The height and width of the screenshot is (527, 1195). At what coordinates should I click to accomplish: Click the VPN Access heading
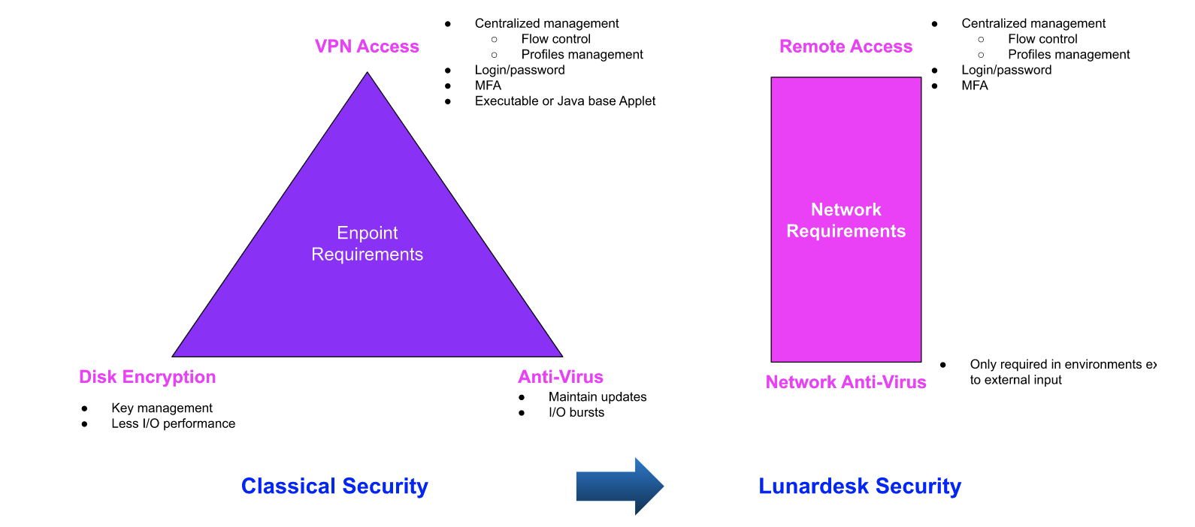point(367,47)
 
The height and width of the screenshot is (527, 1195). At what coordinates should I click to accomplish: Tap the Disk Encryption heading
point(147,377)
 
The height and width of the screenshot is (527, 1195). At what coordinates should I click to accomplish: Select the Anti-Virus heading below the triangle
point(561,377)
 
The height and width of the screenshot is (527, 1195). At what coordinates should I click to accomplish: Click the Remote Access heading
point(846,47)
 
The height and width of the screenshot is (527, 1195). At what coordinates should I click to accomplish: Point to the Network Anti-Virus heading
point(846,382)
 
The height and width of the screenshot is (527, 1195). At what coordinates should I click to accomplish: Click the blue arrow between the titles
point(619,486)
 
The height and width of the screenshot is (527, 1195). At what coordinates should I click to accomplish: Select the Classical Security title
point(334,486)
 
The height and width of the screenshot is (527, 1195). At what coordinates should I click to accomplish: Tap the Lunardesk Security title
point(860,486)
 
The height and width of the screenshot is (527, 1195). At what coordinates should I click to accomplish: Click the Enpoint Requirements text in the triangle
point(367,243)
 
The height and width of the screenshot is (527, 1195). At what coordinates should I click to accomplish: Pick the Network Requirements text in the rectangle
point(846,220)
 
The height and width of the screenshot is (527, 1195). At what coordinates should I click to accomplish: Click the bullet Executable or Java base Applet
point(564,101)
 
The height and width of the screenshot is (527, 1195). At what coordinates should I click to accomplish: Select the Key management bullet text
point(162,408)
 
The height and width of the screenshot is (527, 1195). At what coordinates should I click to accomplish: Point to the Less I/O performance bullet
point(173,423)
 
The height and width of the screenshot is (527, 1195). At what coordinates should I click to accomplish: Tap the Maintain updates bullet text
point(597,396)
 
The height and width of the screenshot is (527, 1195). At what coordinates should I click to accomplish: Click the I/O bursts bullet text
point(576,412)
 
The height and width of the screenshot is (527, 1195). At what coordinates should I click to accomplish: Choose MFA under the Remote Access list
point(974,86)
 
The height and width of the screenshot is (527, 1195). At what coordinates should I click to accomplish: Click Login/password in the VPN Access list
point(519,70)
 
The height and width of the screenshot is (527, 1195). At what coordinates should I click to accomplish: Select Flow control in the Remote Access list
point(1042,39)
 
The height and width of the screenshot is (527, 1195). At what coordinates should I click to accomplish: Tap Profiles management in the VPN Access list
point(582,54)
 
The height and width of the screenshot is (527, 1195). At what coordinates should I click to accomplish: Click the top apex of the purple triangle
point(368,74)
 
